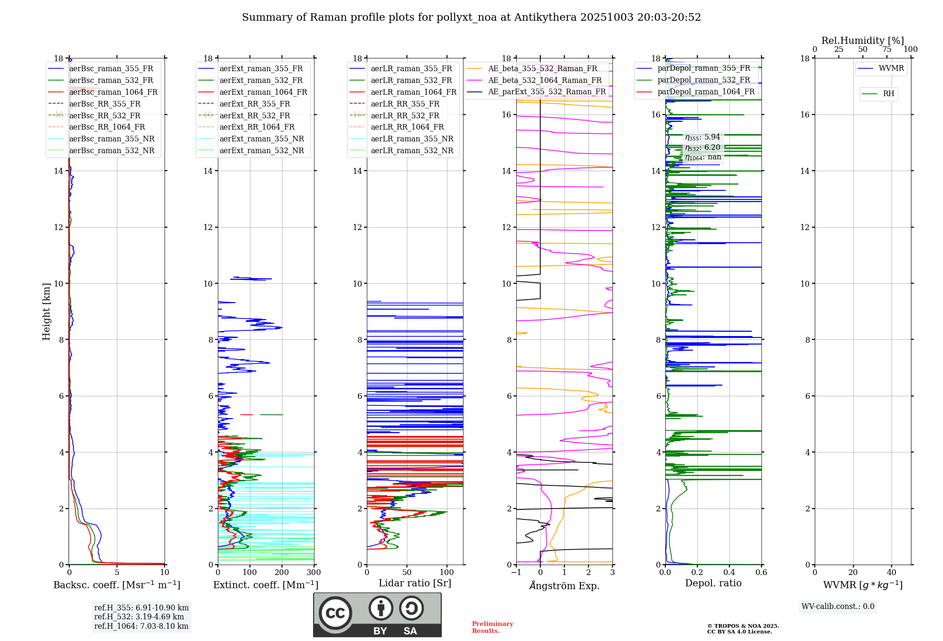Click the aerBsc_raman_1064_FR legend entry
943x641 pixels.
113,92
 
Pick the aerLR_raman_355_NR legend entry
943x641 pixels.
412,139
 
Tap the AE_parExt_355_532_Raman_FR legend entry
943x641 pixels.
546,92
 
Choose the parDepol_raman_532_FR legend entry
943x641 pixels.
703,80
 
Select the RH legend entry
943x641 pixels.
888,94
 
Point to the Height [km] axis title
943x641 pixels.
46,311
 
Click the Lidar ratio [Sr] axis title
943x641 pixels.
415,583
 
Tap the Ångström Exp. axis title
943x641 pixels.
564,585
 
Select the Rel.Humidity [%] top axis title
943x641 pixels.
862,41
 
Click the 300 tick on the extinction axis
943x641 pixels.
314,573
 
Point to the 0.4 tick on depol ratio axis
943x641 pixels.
729,573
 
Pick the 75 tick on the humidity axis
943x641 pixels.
886,49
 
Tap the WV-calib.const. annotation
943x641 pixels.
837,607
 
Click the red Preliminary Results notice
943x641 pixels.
492,627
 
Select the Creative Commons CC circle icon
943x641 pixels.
335,613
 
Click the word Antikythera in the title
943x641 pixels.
545,17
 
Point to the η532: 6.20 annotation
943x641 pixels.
703,147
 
